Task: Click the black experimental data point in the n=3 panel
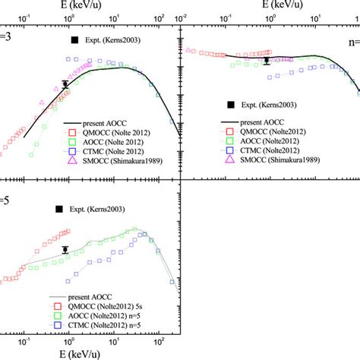coord(65,84)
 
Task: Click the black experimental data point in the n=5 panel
coord(65,249)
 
